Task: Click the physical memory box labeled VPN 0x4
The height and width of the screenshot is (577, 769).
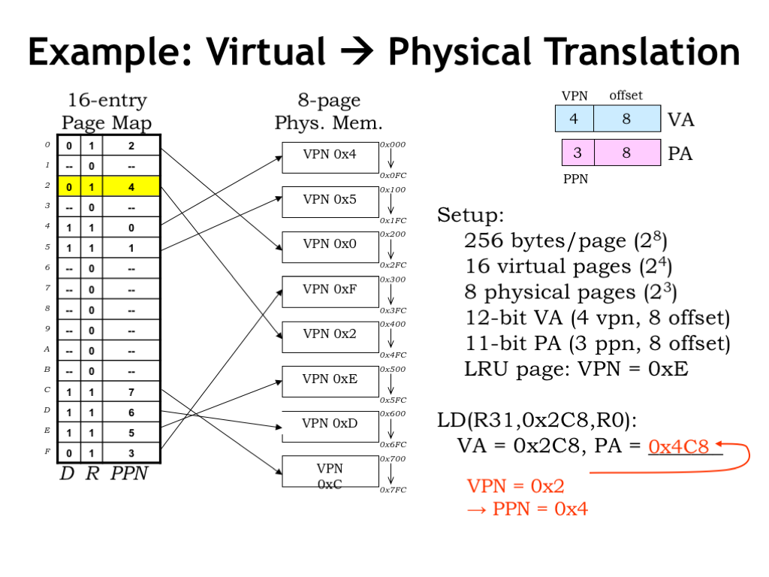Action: [330, 156]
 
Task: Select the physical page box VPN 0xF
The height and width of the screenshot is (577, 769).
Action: [330, 291]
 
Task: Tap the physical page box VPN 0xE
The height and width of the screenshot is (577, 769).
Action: [330, 380]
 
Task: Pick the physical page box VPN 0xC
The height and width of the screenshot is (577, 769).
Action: [330, 471]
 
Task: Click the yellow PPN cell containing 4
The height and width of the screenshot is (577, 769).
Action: [131, 186]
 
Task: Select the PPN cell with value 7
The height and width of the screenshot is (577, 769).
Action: [131, 392]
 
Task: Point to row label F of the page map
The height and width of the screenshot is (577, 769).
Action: [47, 453]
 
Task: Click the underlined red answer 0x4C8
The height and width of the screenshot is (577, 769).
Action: [679, 447]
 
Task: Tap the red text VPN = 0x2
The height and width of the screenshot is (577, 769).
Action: [515, 486]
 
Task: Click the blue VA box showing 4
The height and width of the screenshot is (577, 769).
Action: [574, 119]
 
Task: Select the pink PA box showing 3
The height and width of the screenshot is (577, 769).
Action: [578, 153]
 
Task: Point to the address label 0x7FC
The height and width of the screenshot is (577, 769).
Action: [393, 490]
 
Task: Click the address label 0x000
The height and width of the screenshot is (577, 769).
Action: [393, 144]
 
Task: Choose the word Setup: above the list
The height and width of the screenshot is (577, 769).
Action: [471, 216]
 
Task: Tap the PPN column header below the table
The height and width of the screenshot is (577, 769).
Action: [130, 474]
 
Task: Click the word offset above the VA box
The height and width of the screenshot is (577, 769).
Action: [626, 95]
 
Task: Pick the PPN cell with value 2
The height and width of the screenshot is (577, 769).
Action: [131, 146]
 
